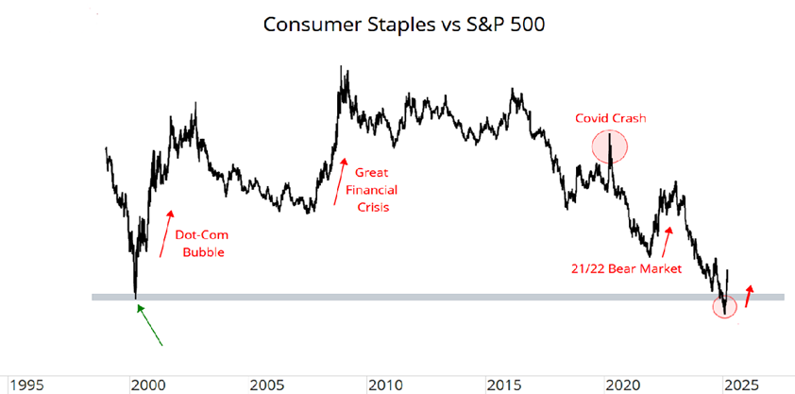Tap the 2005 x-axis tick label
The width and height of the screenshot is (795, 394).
pos(263,385)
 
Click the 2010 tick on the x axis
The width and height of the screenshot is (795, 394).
pos(383,385)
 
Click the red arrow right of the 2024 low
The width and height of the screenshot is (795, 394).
pos(749,294)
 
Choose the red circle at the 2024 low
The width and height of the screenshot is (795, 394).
pos(724,304)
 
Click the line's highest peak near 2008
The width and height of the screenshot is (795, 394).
pos(341,68)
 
